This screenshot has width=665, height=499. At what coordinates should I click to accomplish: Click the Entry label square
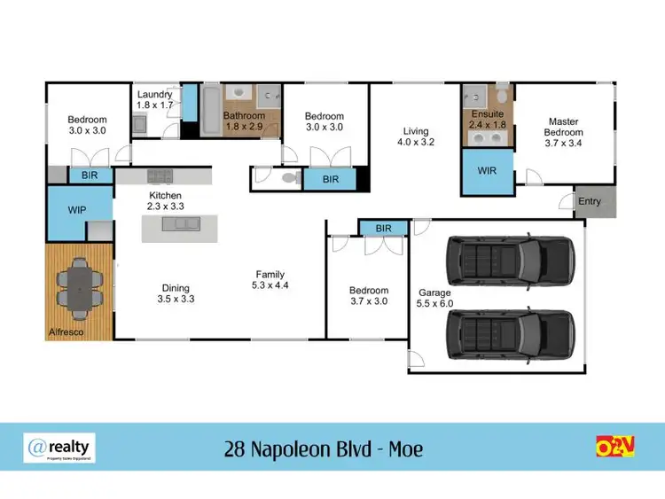590,202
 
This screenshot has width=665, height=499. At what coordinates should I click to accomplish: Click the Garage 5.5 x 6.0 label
434,298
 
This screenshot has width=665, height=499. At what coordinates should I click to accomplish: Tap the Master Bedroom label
563,133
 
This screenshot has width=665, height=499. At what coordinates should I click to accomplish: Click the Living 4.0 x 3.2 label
415,134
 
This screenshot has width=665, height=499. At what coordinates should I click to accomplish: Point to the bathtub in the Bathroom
211,111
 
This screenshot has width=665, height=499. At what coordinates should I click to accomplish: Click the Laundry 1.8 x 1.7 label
154,99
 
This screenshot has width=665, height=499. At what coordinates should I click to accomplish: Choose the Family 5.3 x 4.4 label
270,280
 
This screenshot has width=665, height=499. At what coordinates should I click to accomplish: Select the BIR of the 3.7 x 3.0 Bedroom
383,228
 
